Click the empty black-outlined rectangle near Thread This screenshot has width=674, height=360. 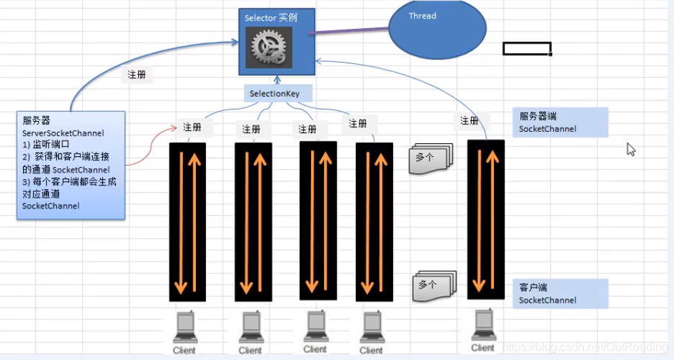click(x=526, y=49)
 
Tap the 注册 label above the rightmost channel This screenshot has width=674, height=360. click(x=469, y=120)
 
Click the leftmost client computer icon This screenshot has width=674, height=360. click(x=184, y=330)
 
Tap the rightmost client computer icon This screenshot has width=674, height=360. click(x=482, y=327)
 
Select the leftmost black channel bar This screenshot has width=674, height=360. click(x=187, y=221)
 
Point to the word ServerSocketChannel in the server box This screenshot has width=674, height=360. click(x=63, y=133)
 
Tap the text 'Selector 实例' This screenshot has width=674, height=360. click(x=271, y=17)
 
